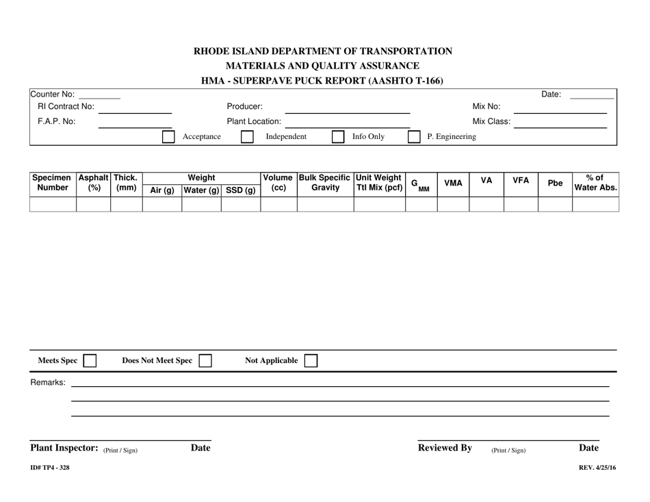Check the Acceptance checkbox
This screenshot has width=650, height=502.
point(168,137)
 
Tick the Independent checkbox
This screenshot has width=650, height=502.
point(247,137)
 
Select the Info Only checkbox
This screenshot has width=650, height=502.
point(337,137)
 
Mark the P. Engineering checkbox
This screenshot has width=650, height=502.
point(414,137)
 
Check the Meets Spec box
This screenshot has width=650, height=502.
point(90,361)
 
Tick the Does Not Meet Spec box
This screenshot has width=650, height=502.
point(205,361)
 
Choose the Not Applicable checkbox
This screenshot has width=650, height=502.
point(311,361)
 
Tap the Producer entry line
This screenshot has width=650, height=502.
point(347,107)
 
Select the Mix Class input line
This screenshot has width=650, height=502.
point(560,122)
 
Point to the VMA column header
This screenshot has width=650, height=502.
point(453,183)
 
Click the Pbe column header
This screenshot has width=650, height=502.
point(555,183)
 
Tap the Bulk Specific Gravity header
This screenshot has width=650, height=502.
point(325,182)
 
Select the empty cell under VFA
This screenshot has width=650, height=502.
point(521,203)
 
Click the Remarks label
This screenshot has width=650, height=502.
point(48,382)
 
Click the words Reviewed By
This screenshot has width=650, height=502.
point(445,448)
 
